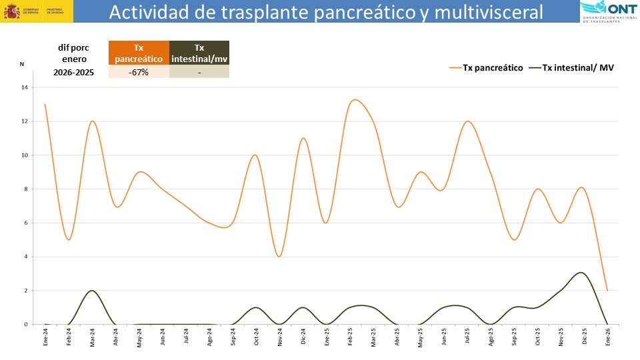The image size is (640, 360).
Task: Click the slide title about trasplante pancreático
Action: click(x=326, y=12)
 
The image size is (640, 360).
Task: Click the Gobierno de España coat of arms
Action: click(x=11, y=11)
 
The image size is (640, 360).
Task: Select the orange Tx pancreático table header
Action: click(x=139, y=53)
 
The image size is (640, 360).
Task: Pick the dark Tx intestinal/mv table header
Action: click(x=199, y=53)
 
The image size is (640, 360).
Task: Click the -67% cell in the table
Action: click(x=139, y=72)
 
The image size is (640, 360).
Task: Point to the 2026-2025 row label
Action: click(x=73, y=72)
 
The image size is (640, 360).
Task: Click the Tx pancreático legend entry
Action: click(x=486, y=67)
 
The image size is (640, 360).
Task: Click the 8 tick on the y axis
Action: click(x=25, y=189)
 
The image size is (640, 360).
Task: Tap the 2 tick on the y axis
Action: click(x=25, y=291)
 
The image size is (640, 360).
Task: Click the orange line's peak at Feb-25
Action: click(x=354, y=100)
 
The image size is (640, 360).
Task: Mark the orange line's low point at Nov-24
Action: click(x=279, y=257)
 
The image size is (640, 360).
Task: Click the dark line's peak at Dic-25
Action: click(x=581, y=273)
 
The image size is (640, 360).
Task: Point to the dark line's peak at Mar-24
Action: click(x=91, y=291)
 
